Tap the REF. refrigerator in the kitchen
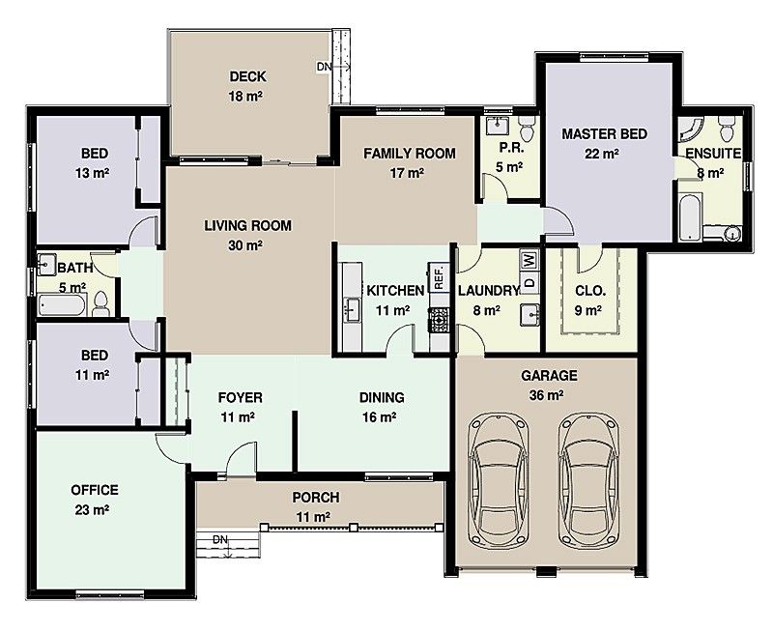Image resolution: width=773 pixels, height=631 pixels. [438, 276]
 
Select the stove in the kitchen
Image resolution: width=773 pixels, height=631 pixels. [439, 317]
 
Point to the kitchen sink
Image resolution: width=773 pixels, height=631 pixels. [352, 309]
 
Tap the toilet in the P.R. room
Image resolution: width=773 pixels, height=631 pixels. [527, 127]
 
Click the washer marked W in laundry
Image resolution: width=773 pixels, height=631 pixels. [529, 259]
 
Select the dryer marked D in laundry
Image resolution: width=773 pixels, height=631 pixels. [529, 282]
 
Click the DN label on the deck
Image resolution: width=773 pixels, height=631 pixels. [324, 67]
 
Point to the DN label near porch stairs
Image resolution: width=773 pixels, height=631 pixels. [220, 540]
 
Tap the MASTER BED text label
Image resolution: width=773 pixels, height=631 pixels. [604, 134]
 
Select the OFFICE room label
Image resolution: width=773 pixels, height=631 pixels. [95, 490]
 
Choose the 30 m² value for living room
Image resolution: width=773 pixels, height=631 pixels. [247, 245]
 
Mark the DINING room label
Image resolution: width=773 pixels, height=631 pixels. [381, 397]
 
